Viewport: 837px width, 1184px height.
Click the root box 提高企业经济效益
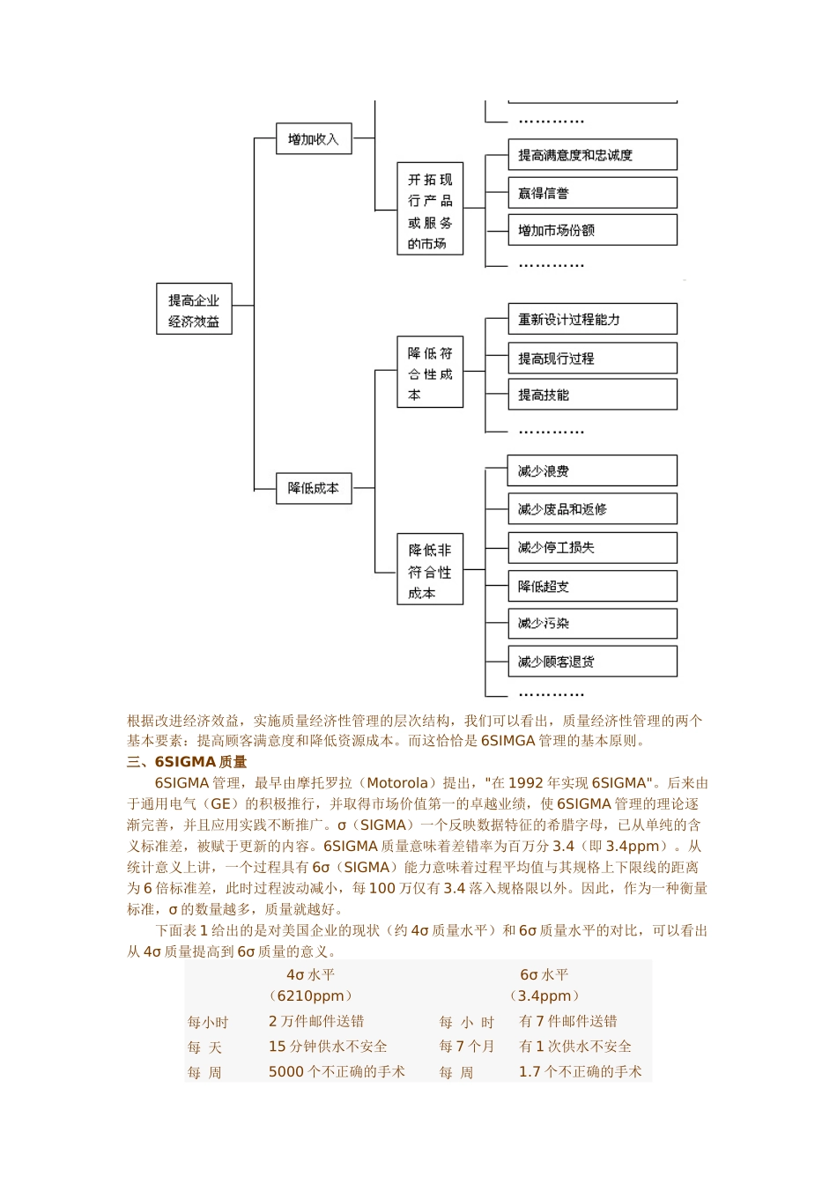click(x=194, y=310)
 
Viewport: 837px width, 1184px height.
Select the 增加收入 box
click(x=314, y=139)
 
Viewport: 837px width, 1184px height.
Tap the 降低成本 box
click(x=314, y=488)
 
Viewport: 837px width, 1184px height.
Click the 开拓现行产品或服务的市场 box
click(x=430, y=210)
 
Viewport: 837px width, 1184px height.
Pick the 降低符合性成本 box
click(x=430, y=373)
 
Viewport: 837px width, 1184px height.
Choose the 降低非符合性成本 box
click(x=430, y=570)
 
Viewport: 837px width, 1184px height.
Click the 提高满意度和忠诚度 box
click(x=592, y=155)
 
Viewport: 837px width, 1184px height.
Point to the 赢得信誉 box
click(x=592, y=193)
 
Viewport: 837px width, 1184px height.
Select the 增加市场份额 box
click(x=592, y=230)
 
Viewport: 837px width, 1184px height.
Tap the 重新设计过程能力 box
click(x=592, y=319)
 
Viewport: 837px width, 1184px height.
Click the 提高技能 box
click(x=592, y=395)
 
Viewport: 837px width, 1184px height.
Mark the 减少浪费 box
click(x=592, y=471)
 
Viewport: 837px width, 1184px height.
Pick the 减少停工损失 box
click(x=592, y=547)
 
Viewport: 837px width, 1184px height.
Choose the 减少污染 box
click(x=592, y=623)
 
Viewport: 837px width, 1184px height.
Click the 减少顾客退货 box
click(x=592, y=662)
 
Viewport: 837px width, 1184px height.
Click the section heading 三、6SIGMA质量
click(x=187, y=762)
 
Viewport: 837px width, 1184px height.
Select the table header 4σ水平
click(x=311, y=975)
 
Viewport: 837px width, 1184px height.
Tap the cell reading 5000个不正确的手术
click(x=337, y=1072)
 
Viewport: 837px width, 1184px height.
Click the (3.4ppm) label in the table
click(x=544, y=996)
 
